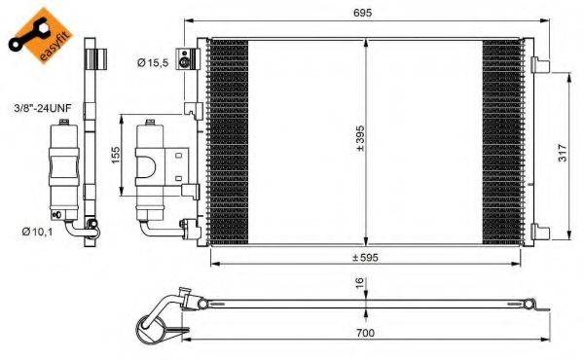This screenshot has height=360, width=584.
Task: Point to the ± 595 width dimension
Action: point(365,257)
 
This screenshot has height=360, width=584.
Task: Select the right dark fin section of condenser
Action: point(502,143)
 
